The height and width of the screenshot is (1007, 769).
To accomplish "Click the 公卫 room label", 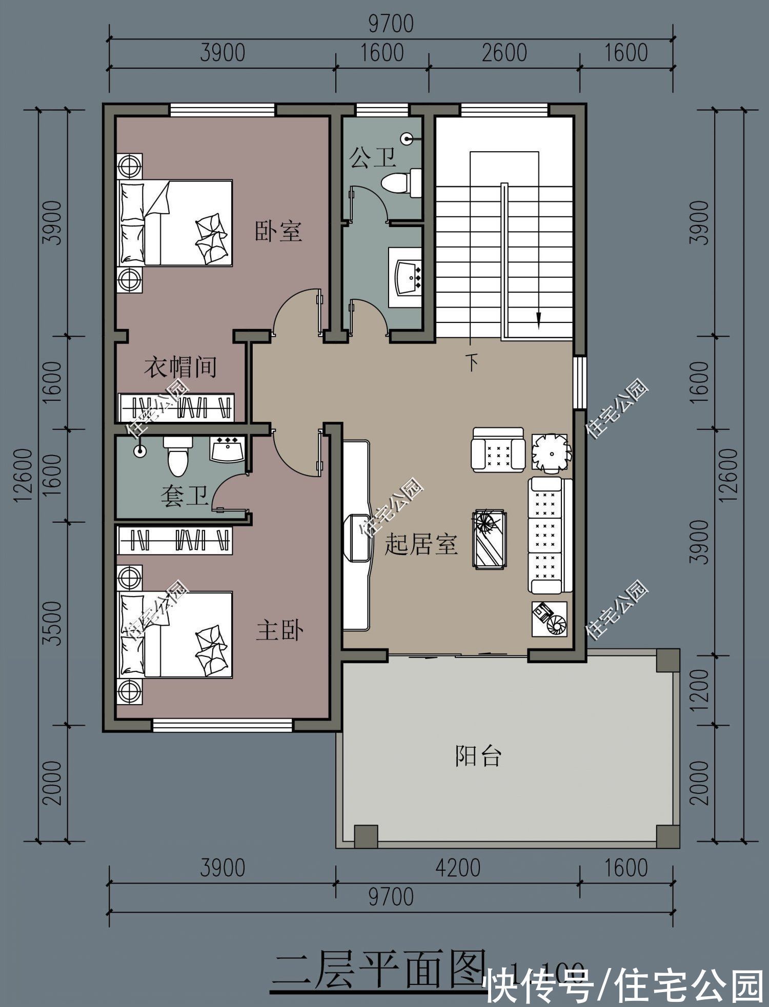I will click(x=373, y=157).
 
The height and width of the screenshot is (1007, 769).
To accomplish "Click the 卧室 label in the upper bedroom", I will click(x=278, y=231).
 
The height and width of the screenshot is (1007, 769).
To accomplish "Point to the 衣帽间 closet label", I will click(x=180, y=367).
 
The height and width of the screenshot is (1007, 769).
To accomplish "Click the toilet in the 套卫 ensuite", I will click(x=177, y=456).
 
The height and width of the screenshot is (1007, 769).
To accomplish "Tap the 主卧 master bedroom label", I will click(x=280, y=630).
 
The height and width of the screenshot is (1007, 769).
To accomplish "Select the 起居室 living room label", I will click(x=420, y=544).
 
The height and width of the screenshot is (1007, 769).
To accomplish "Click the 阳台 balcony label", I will click(x=478, y=755).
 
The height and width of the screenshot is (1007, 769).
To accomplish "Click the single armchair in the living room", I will click(x=498, y=449).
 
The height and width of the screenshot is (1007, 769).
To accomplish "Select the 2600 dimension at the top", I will click(x=504, y=53).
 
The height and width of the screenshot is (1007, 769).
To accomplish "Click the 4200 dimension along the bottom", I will click(x=458, y=868).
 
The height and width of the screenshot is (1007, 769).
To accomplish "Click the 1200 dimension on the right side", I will click(x=699, y=690).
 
